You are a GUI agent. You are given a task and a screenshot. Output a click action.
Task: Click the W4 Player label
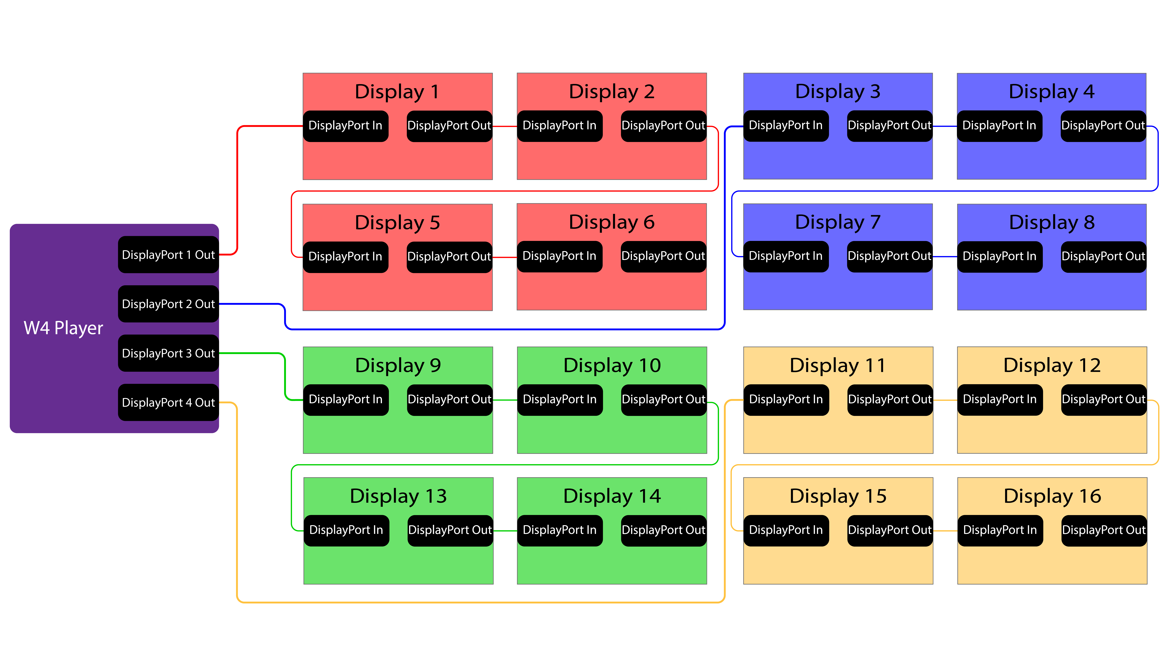click(x=64, y=328)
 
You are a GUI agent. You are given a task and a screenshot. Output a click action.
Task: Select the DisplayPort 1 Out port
click(x=168, y=255)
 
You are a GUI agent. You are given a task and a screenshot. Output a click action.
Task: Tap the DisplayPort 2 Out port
click(x=168, y=304)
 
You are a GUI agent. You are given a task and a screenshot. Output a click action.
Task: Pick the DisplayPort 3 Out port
click(x=168, y=353)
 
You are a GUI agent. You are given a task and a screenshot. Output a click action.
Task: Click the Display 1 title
click(x=397, y=92)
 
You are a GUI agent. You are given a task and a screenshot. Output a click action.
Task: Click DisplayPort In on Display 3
click(x=786, y=126)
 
